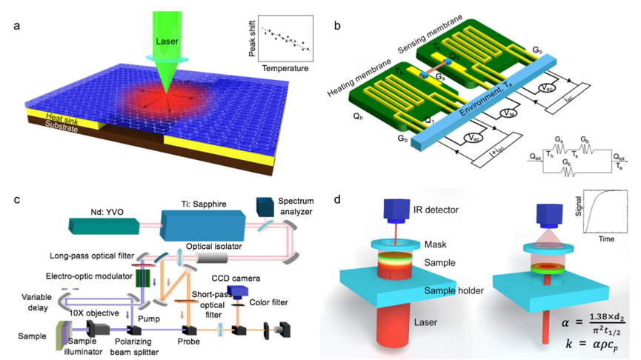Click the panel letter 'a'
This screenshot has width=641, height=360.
[x=16, y=28]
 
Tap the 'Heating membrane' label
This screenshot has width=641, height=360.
[x=355, y=83]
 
